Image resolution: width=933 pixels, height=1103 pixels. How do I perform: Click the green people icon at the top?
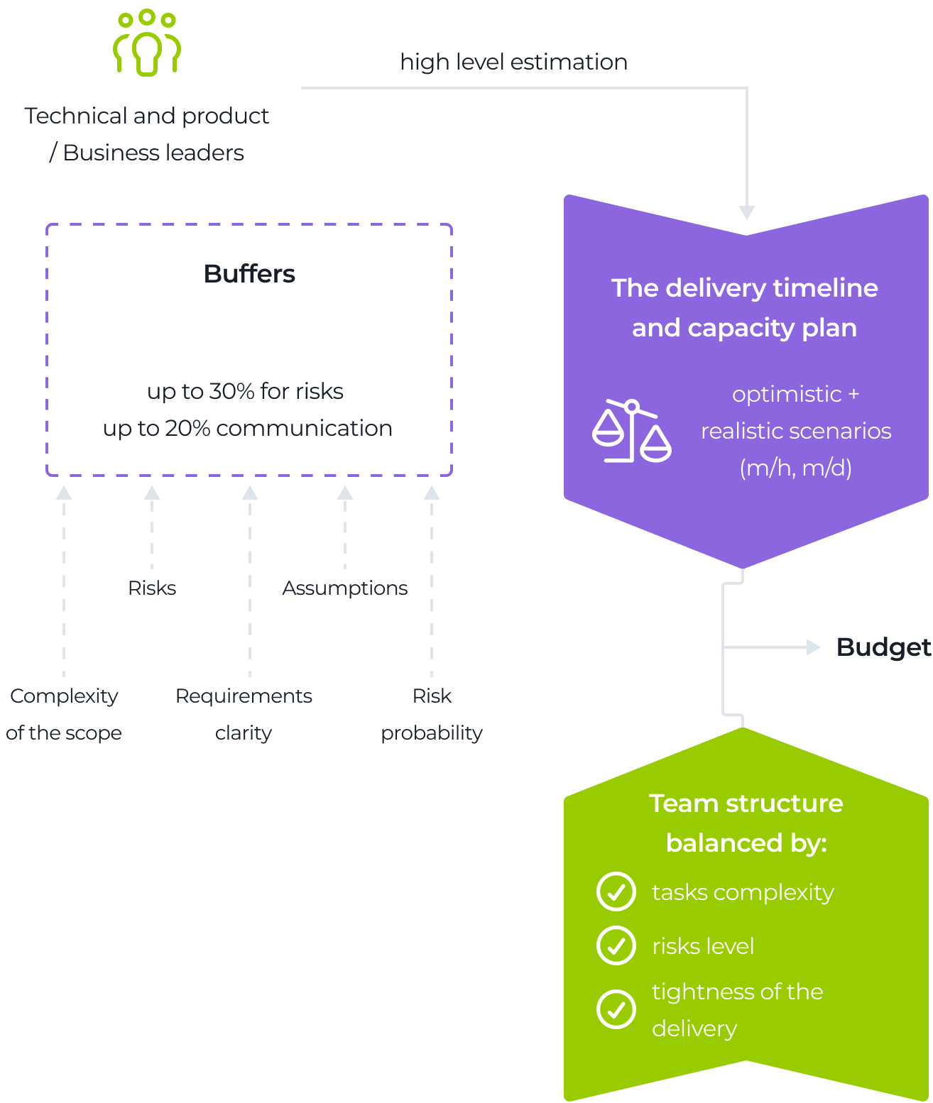[x=147, y=43]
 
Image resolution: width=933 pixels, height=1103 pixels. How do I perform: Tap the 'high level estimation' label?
[x=513, y=62]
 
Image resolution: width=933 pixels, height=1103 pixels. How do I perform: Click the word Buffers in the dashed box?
[x=249, y=274]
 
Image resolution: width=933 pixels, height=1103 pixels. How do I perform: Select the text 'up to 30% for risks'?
[x=245, y=391]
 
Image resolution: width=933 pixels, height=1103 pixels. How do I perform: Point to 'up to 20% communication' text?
[x=248, y=428]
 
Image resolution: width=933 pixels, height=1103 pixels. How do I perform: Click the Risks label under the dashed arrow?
[x=152, y=588]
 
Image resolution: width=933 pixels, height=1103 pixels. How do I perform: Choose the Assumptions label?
[x=344, y=588]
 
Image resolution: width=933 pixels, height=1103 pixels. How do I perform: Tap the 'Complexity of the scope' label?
[x=64, y=714]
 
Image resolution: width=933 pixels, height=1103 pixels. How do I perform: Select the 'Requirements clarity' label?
[x=244, y=714]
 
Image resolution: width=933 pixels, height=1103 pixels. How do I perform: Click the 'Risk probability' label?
[x=432, y=714]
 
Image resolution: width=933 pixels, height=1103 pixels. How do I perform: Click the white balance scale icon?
[x=631, y=431]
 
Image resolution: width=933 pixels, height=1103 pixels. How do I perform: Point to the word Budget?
[x=883, y=647]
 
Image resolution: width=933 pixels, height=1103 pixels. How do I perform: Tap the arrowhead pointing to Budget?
[x=814, y=647]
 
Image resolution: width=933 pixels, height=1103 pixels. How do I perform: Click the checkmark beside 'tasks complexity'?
[x=616, y=891]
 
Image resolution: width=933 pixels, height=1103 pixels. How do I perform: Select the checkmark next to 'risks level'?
[x=616, y=945]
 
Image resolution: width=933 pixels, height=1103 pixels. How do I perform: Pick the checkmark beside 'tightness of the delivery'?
[x=616, y=1009]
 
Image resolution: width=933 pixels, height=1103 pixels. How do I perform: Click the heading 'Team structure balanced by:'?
[x=746, y=823]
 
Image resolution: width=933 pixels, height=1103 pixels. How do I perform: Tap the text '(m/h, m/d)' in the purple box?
[x=795, y=468]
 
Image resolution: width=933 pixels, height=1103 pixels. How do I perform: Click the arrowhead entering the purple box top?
[x=747, y=212]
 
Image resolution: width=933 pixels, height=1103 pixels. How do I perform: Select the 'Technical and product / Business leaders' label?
[x=147, y=134]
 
